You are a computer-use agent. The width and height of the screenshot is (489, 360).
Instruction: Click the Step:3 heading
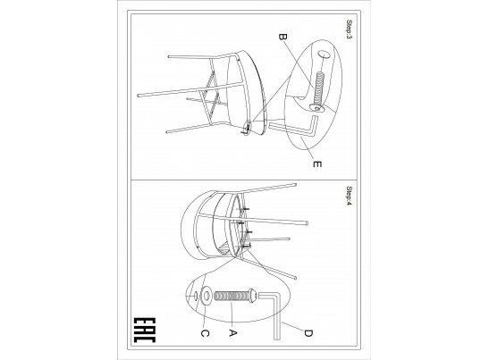point(349,29)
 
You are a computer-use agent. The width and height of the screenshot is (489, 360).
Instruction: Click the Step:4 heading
point(349,196)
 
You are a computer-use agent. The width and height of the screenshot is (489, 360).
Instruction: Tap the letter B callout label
point(282,38)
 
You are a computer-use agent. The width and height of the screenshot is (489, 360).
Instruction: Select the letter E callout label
point(316,163)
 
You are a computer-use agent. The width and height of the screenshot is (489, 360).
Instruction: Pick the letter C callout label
point(205,333)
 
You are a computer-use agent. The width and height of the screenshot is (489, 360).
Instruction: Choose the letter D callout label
point(308,333)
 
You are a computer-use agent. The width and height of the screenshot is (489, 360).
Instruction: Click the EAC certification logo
point(145,331)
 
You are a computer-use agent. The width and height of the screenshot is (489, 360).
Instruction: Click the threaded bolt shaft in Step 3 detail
point(319,88)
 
